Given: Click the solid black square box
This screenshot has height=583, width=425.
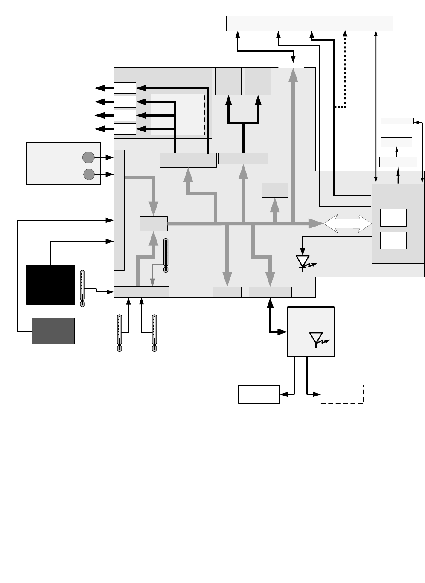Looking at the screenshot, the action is click(51, 284).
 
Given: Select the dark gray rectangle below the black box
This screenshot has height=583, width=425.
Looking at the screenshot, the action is click(54, 331).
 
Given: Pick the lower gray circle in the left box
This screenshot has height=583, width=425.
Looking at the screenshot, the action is click(88, 174).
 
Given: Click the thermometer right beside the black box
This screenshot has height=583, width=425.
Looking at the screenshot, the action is click(83, 288).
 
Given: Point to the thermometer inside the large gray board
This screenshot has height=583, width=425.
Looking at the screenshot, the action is click(166, 255).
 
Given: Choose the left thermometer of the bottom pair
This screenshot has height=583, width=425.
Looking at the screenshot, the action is click(119, 333).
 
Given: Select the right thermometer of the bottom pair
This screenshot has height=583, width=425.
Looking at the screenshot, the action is click(154, 333).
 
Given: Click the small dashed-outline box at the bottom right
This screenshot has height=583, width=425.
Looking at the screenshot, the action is click(342, 394).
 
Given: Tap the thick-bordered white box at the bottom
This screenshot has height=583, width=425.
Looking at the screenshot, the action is click(259, 394).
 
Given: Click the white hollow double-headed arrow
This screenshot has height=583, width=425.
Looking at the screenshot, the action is click(347, 224).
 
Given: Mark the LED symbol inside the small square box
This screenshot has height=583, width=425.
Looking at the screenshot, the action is click(317, 339).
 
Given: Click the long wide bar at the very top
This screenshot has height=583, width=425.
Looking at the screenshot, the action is click(309, 23).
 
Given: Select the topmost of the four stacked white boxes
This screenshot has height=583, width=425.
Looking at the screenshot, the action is click(125, 88).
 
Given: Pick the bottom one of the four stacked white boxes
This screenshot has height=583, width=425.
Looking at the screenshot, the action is click(125, 129).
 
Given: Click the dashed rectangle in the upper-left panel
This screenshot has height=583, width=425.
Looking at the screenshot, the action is click(178, 114).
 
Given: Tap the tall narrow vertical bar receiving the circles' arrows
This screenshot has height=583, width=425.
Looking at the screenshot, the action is click(119, 210).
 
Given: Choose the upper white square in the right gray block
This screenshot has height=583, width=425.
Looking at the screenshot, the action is click(393, 218).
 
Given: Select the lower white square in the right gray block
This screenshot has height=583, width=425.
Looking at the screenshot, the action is click(393, 241).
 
